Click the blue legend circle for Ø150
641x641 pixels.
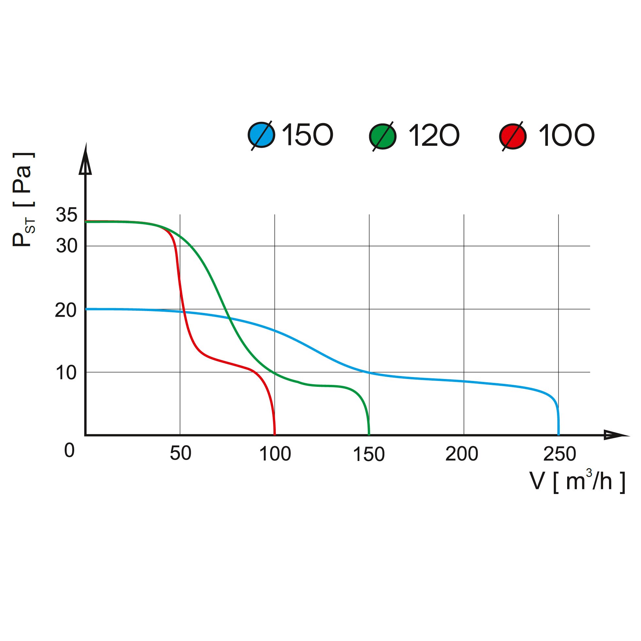[x=261, y=135]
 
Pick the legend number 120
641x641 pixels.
[x=434, y=135]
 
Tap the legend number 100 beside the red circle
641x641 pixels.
[x=566, y=135]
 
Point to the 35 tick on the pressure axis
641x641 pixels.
[x=66, y=215]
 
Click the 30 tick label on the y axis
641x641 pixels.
[x=66, y=246]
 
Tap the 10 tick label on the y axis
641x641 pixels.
[x=66, y=373]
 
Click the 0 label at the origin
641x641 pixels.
[x=69, y=451]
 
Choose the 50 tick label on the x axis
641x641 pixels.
[x=180, y=453]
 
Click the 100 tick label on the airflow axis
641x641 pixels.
[x=275, y=454]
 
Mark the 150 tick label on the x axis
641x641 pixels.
[x=369, y=454]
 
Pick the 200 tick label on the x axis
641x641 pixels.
[x=462, y=454]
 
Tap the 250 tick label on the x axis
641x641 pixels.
[x=559, y=454]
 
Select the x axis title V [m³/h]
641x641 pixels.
[x=577, y=482]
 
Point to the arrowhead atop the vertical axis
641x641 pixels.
[x=86, y=162]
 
